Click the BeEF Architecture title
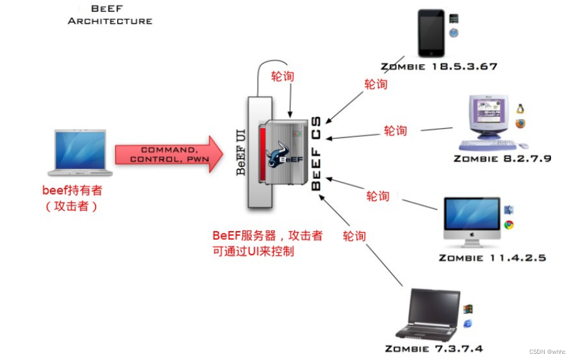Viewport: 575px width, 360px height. (110, 15)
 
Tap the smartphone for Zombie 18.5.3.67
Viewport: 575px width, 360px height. (431, 33)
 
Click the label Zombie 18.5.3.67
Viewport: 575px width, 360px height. (438, 67)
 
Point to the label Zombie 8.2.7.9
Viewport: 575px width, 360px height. (502, 158)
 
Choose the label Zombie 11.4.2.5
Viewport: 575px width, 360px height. (492, 258)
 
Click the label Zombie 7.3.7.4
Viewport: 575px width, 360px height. (434, 349)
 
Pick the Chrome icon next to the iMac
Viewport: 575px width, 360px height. (509, 225)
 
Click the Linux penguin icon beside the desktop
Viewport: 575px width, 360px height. (521, 109)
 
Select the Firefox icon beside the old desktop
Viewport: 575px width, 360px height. (521, 123)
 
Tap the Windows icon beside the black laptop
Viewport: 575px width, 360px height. (468, 309)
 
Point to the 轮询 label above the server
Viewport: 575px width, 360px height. (283, 76)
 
